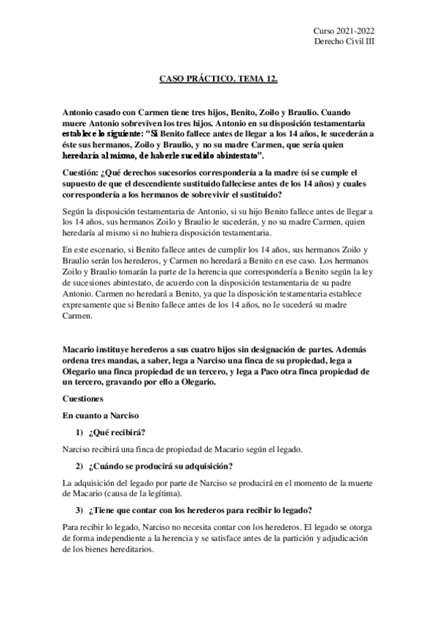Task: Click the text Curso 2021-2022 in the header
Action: (344, 30)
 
